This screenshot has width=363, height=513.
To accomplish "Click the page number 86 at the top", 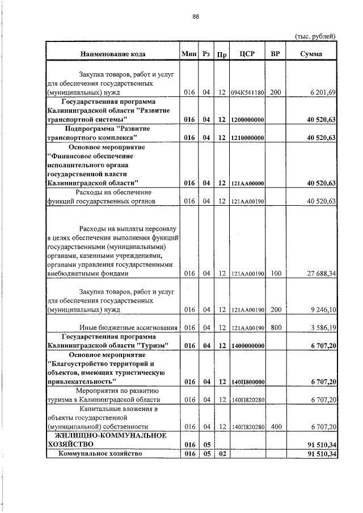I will (x=196, y=16).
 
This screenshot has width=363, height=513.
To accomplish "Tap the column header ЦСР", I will (x=247, y=54).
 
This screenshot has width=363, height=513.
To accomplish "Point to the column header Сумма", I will (x=311, y=54).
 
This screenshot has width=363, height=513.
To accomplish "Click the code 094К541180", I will (x=248, y=92).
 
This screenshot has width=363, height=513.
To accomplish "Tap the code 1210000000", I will (x=248, y=138).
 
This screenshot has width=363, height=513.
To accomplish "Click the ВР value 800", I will (x=276, y=328).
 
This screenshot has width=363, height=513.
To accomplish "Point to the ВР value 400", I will (x=276, y=426).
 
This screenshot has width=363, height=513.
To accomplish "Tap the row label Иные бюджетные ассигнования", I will (x=129, y=328).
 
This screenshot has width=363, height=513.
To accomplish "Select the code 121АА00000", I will (x=248, y=183).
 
